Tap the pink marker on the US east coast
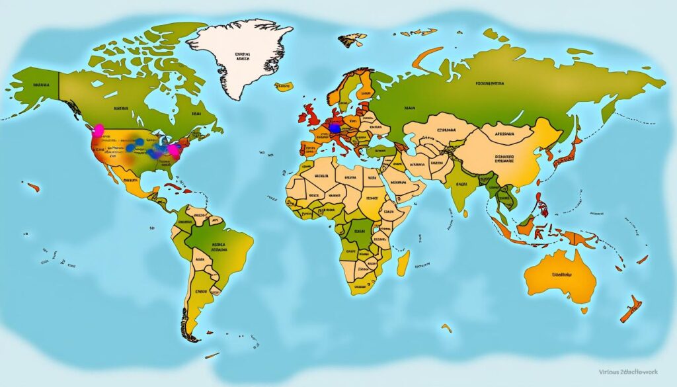(175, 150)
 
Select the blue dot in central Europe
(335, 127)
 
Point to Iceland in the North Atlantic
(284, 86)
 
